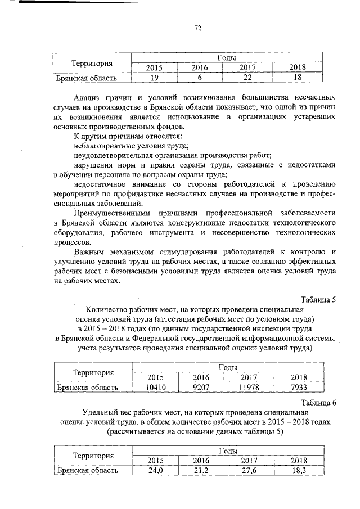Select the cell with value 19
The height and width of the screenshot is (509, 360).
click(154, 78)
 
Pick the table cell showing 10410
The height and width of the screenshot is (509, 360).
click(154, 388)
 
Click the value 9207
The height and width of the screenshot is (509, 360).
click(200, 388)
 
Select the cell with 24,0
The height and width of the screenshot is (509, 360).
click(154, 470)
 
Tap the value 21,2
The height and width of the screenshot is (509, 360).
click(200, 470)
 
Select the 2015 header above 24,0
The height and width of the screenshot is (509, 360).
click(154, 461)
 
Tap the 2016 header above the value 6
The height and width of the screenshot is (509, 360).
click(200, 68)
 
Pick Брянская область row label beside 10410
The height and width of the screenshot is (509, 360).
click(87, 388)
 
